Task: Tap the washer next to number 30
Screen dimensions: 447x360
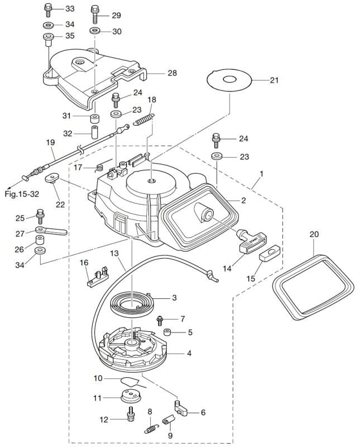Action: tap(95, 31)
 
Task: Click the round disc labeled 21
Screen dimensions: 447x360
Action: tap(228, 80)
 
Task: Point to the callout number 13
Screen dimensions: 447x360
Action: tap(114, 253)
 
